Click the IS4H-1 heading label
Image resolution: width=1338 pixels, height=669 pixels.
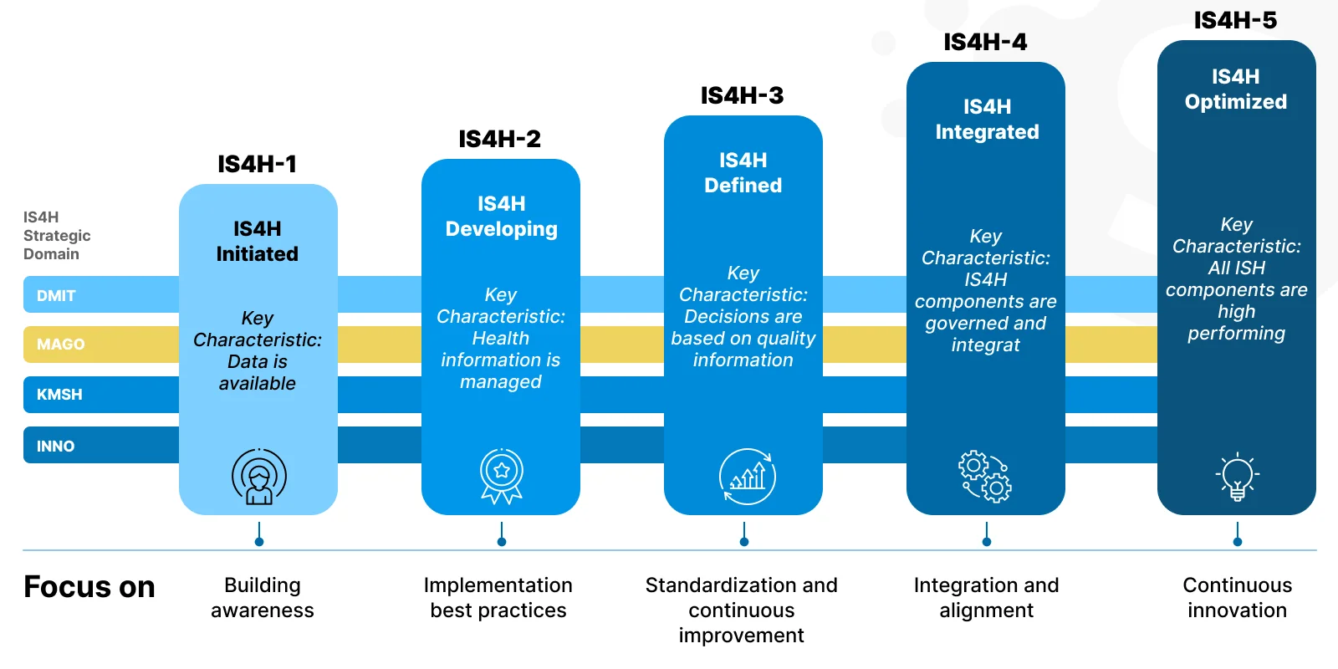258,164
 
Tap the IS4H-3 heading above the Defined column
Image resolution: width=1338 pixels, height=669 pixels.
743,95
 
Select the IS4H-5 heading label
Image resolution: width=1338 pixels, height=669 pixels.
1235,20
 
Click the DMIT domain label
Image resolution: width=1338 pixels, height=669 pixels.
56,295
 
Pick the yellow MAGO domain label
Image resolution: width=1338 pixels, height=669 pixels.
60,344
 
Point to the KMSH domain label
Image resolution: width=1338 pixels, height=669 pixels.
59,394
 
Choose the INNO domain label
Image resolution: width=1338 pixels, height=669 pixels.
55,446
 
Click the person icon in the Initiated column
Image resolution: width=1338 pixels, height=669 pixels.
259,477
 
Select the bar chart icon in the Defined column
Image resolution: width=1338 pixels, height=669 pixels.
748,477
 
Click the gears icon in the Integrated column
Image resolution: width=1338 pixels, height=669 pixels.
985,477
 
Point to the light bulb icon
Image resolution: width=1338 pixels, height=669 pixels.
1237,477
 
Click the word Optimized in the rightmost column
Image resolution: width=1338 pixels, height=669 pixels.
1236,102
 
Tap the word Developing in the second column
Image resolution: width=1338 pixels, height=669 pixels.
502,229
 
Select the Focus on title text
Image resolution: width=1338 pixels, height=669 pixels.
89,587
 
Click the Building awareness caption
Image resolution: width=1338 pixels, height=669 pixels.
263,598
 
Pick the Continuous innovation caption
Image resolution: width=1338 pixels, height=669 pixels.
1237,598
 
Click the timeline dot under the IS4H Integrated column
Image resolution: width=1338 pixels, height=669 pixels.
987,542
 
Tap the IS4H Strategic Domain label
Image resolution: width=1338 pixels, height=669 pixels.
56,235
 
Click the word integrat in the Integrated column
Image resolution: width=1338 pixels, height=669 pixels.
986,345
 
